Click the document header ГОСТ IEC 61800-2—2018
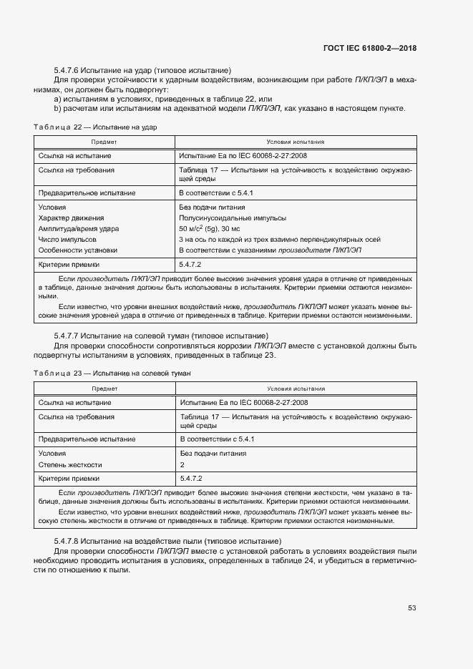[369, 48]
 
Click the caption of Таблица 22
[94, 127]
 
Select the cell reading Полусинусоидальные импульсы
[233, 218]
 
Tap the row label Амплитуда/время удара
[79, 228]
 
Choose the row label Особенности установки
[78, 250]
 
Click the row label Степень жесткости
[70, 464]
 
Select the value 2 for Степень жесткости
[182, 464]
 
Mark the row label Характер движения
[72, 218]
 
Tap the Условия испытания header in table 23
[296, 389]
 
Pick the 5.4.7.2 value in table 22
[192, 264]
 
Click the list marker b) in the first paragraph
[57, 109]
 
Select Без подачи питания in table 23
[213, 454]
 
